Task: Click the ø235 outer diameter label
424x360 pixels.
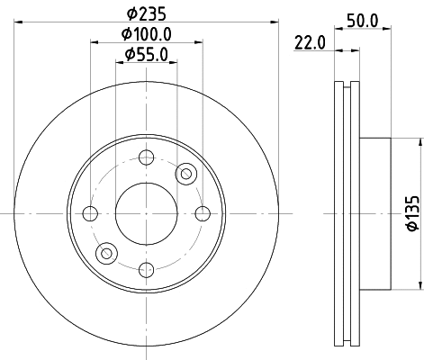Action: click(x=146, y=13)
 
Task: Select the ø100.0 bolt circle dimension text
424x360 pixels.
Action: click(x=146, y=34)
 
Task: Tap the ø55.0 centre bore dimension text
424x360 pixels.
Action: click(x=146, y=56)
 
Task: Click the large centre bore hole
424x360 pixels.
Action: click(x=146, y=213)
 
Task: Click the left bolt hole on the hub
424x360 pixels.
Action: click(x=89, y=213)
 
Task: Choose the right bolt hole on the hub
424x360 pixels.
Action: click(x=203, y=213)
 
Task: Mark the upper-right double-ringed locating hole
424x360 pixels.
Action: click(x=186, y=173)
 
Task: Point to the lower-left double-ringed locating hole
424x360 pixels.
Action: click(x=106, y=253)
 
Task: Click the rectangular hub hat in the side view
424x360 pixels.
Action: click(x=376, y=213)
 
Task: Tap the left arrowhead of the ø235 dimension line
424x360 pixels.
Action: click(x=18, y=22)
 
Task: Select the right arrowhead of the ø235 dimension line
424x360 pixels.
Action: click(x=274, y=22)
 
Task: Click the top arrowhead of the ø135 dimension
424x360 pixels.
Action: click(x=419, y=142)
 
